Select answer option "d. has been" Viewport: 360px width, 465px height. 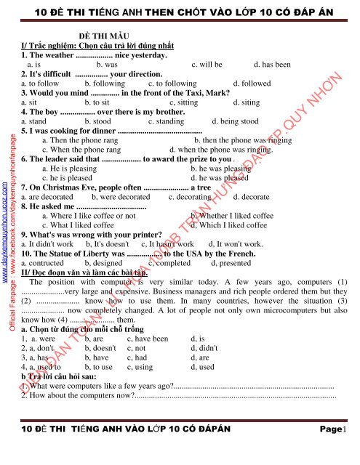click(x=272, y=64)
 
